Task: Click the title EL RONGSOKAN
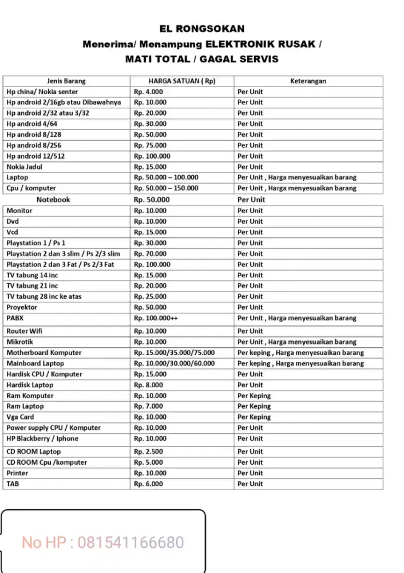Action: click(201, 29)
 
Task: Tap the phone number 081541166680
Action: click(130, 542)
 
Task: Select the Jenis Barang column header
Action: click(66, 81)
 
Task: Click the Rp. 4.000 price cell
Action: click(149, 92)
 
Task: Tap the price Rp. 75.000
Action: click(150, 146)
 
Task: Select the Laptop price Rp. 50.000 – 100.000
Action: click(166, 178)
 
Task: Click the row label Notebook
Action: click(53, 199)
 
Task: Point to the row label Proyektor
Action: click(22, 307)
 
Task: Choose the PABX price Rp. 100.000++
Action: click(156, 318)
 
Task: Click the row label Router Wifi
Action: click(25, 331)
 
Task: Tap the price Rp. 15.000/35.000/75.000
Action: click(175, 352)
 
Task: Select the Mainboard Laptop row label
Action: click(35, 363)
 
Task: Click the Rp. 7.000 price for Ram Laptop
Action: click(149, 406)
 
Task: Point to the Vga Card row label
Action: click(20, 417)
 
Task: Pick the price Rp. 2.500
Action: click(149, 452)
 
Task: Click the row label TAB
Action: click(13, 484)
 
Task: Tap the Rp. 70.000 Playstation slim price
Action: click(150, 253)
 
